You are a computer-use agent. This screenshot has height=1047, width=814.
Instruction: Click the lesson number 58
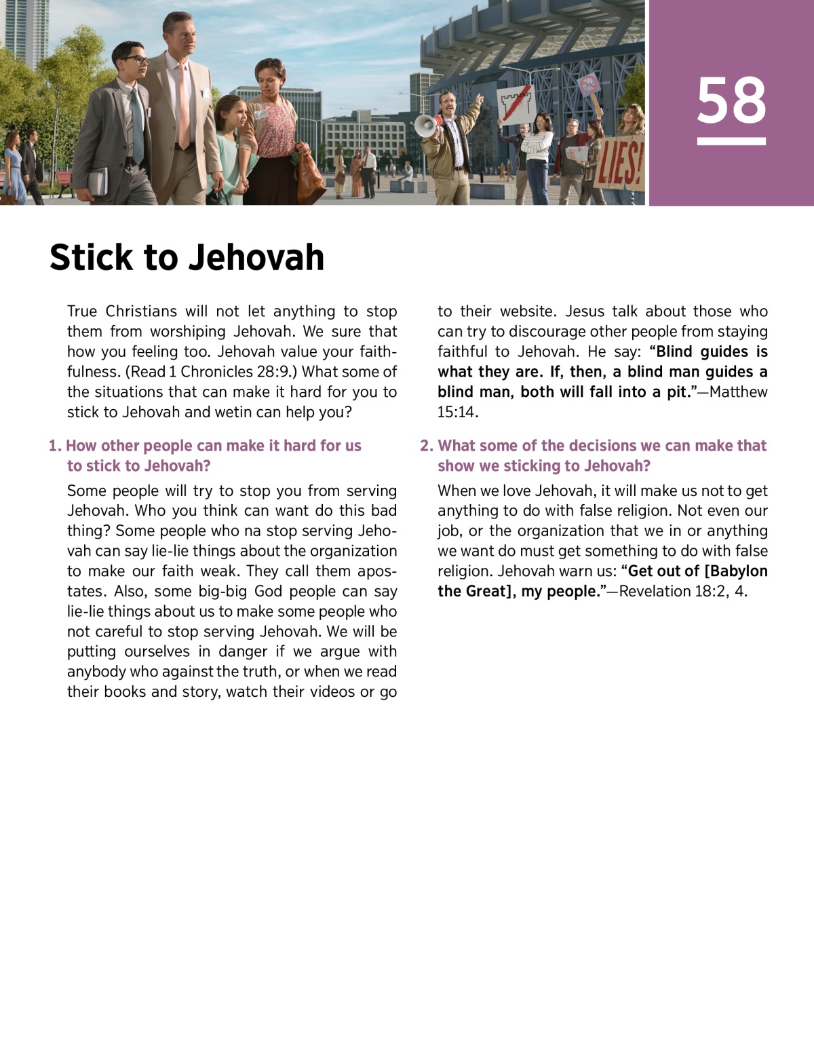point(731,100)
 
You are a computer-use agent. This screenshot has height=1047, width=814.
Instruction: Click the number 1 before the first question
point(54,446)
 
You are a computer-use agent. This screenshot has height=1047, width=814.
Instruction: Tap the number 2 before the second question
point(425,446)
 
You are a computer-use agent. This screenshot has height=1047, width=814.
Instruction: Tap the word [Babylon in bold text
point(735,571)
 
